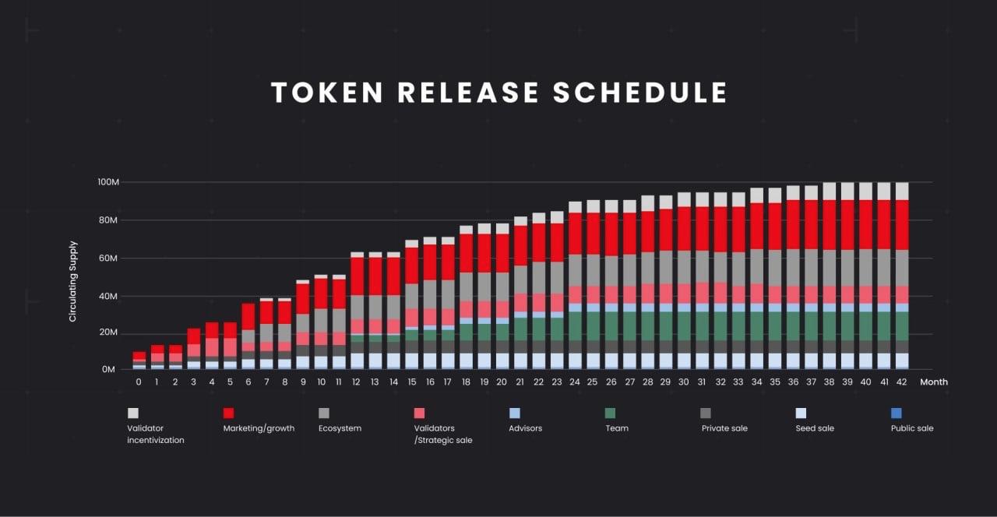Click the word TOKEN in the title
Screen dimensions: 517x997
(327, 93)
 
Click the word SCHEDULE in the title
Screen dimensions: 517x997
(640, 93)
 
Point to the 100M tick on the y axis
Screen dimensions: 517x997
(107, 182)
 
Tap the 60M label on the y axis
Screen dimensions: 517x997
(107, 258)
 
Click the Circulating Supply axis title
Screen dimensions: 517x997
(73, 281)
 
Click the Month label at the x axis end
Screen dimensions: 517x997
(933, 382)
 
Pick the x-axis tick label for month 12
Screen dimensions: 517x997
(356, 382)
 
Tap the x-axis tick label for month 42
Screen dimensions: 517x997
(902, 382)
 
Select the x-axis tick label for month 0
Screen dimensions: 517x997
(139, 382)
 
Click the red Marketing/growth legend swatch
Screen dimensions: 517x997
(229, 413)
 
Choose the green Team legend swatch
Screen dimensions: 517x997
(611, 413)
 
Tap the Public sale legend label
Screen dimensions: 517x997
(912, 428)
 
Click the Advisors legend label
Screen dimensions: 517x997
(525, 428)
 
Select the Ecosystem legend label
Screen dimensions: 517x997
(340, 428)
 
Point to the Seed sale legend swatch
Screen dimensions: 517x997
(801, 413)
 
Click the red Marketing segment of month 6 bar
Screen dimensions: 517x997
(248, 316)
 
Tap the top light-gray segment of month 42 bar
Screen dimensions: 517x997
(902, 192)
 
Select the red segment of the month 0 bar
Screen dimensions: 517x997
(139, 355)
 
